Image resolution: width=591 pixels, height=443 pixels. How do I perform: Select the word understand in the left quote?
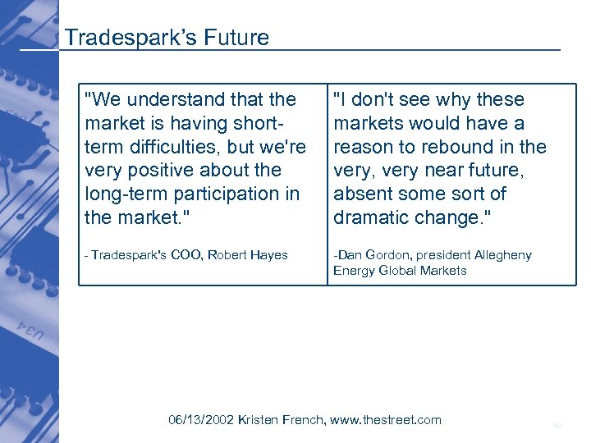(x=167, y=99)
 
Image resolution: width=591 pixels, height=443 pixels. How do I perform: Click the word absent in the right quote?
(x=361, y=194)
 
